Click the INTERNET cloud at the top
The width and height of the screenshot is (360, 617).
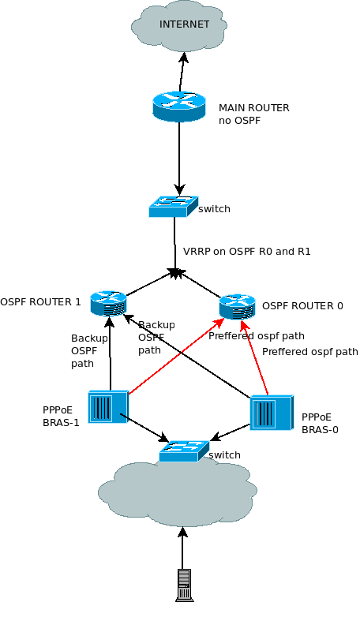coord(184,26)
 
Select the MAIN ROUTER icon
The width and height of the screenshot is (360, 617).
coord(178,107)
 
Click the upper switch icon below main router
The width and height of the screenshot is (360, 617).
coord(173,207)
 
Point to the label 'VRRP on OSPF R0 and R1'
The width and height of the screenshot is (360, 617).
coord(246,251)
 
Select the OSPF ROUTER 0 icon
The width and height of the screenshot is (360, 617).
coord(237,305)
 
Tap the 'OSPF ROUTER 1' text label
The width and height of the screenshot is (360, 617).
coord(41,301)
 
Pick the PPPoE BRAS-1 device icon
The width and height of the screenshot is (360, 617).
coord(108,406)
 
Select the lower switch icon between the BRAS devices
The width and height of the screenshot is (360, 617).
coord(184,451)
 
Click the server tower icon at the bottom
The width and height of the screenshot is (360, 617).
coord(183,585)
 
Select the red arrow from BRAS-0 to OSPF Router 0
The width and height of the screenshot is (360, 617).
coord(255,359)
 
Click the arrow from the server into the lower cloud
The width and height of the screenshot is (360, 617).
coord(183,548)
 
